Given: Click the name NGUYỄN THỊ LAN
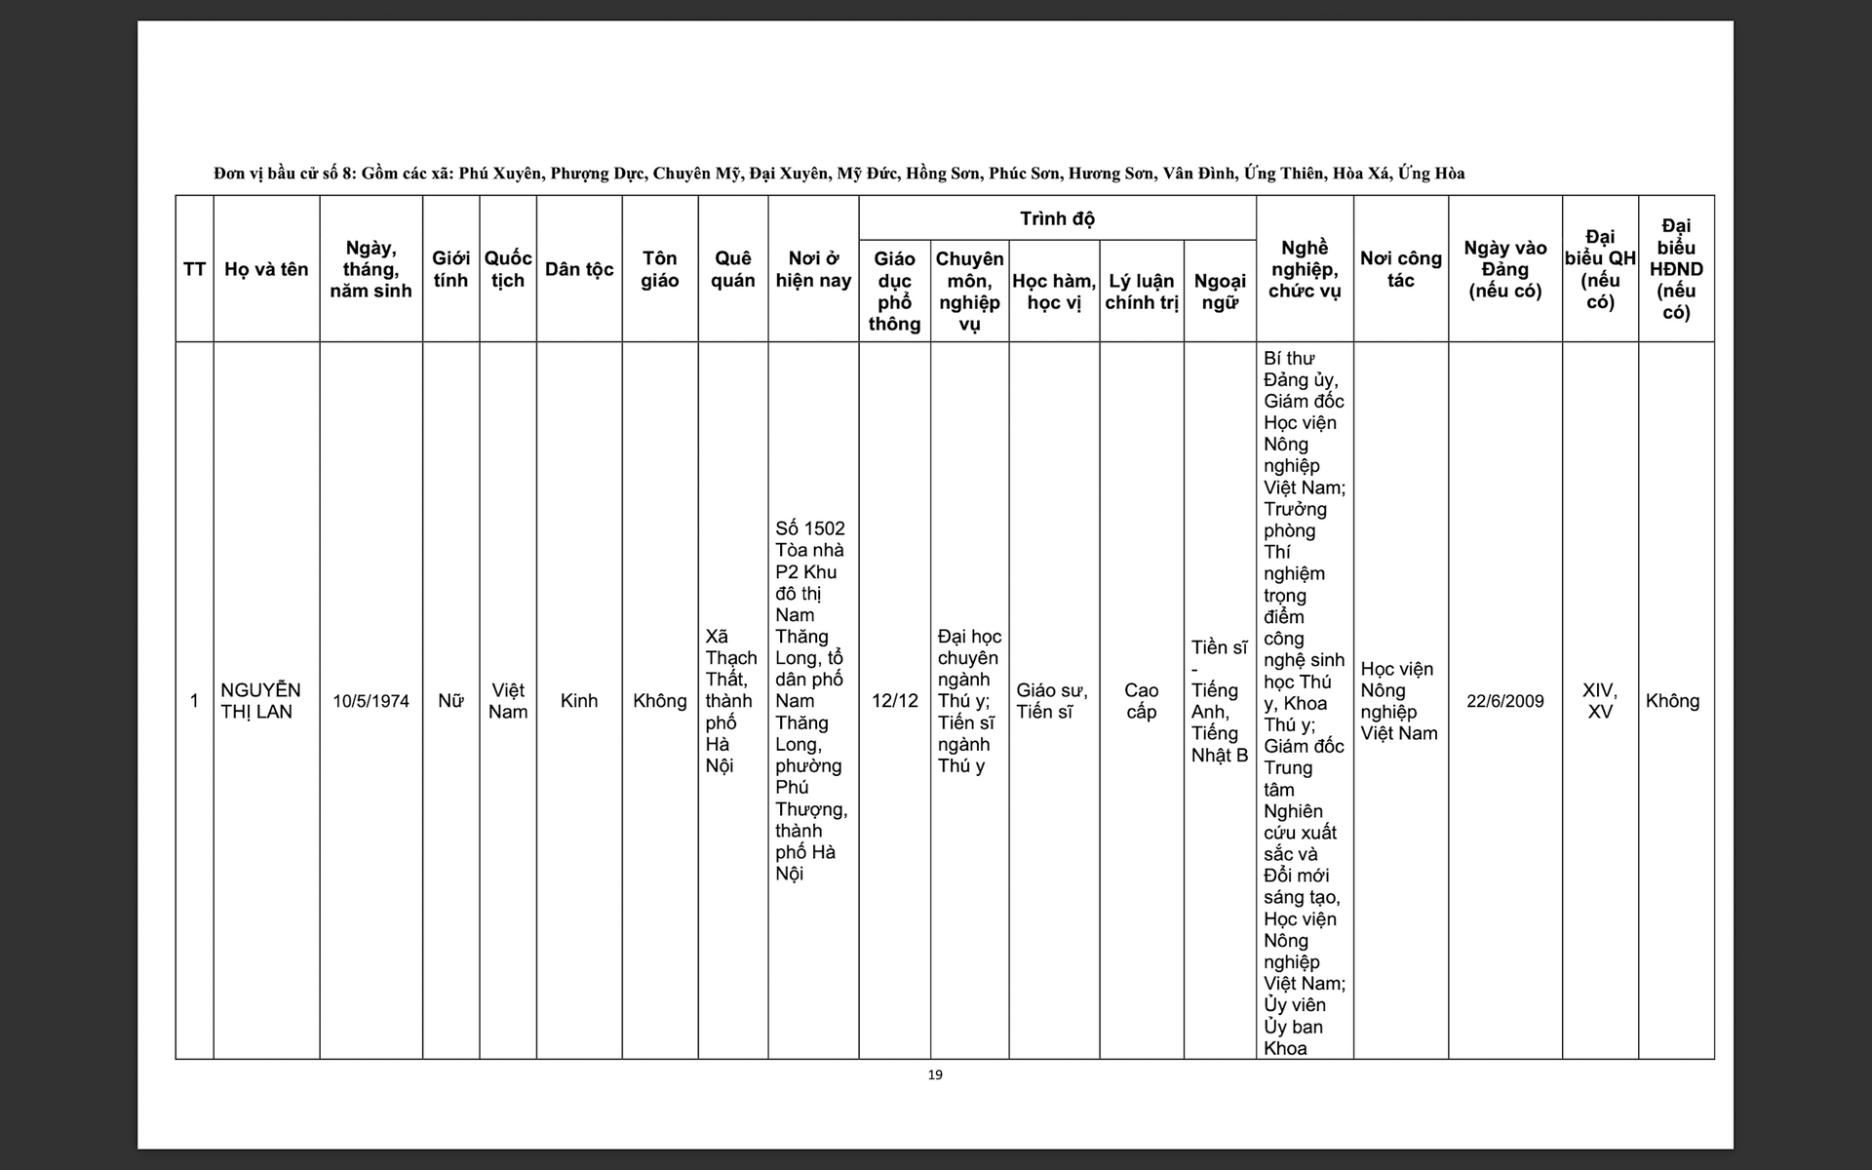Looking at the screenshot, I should click(260, 700).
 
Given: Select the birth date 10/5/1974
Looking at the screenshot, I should click(370, 701).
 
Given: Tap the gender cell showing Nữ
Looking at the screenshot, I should click(450, 701).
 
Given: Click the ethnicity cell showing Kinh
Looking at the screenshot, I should click(579, 701).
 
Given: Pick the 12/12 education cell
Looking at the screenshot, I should click(894, 701).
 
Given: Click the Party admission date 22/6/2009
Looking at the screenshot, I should click(1504, 701).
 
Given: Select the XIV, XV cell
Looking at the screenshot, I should click(1599, 701).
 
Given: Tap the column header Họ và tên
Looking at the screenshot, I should click(266, 269).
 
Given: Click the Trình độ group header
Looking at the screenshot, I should click(1057, 218).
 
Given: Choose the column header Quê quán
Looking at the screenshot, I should click(732, 269).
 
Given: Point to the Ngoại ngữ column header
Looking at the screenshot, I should click(1219, 292).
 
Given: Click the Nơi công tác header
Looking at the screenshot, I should click(1400, 269).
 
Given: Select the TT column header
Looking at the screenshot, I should click(194, 269).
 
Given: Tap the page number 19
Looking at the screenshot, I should click(935, 1074).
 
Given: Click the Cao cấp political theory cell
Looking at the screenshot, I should click(1141, 701).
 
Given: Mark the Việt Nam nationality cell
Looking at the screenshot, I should click(507, 701).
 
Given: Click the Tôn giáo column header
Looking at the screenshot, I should click(659, 269).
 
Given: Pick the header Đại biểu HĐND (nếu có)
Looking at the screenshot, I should click(1675, 269).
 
